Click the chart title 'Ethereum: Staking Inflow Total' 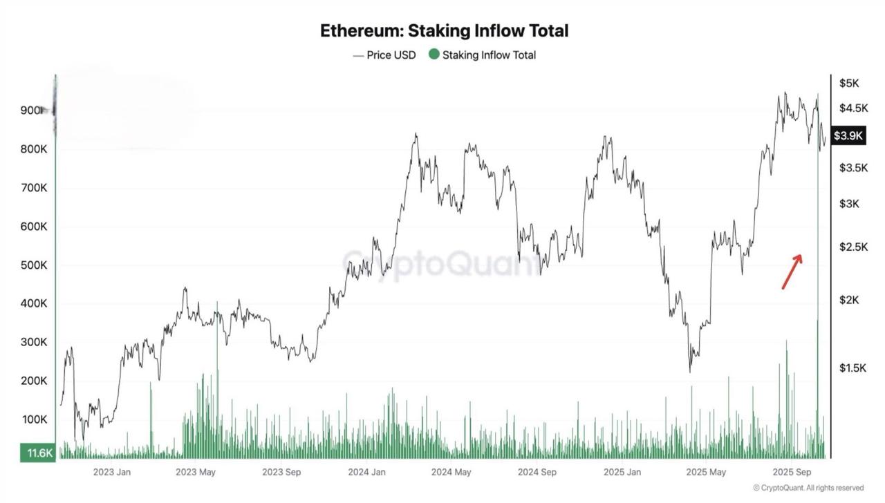444,31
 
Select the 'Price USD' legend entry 384,55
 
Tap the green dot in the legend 434,55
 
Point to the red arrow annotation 792,272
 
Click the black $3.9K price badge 848,135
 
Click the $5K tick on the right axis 849,84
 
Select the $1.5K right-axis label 853,368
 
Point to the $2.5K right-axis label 853,247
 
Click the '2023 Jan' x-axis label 112,473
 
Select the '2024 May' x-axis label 451,473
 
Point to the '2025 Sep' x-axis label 792,473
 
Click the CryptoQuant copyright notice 808,488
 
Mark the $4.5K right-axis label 853,108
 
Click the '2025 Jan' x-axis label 622,473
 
